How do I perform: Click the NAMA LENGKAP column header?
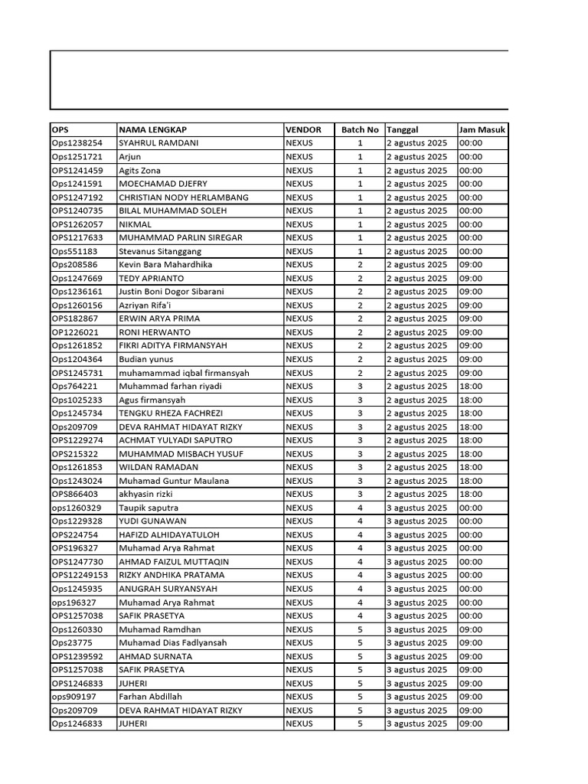(153, 130)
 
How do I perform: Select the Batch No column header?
(360, 130)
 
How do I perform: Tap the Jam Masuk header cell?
(482, 130)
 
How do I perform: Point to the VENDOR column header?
(304, 130)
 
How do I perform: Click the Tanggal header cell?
(403, 130)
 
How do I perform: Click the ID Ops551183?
(74, 251)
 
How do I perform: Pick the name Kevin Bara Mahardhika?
(165, 265)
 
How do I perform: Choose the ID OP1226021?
(75, 332)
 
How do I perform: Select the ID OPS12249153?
(80, 575)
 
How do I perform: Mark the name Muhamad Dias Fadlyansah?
(172, 642)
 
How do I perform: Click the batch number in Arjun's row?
(360, 157)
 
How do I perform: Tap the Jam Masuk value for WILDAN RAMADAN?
(471, 467)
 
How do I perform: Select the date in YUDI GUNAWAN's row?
(417, 521)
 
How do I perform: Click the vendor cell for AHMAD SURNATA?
(299, 656)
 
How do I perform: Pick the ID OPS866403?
(75, 494)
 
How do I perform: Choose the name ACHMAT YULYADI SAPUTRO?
(175, 440)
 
